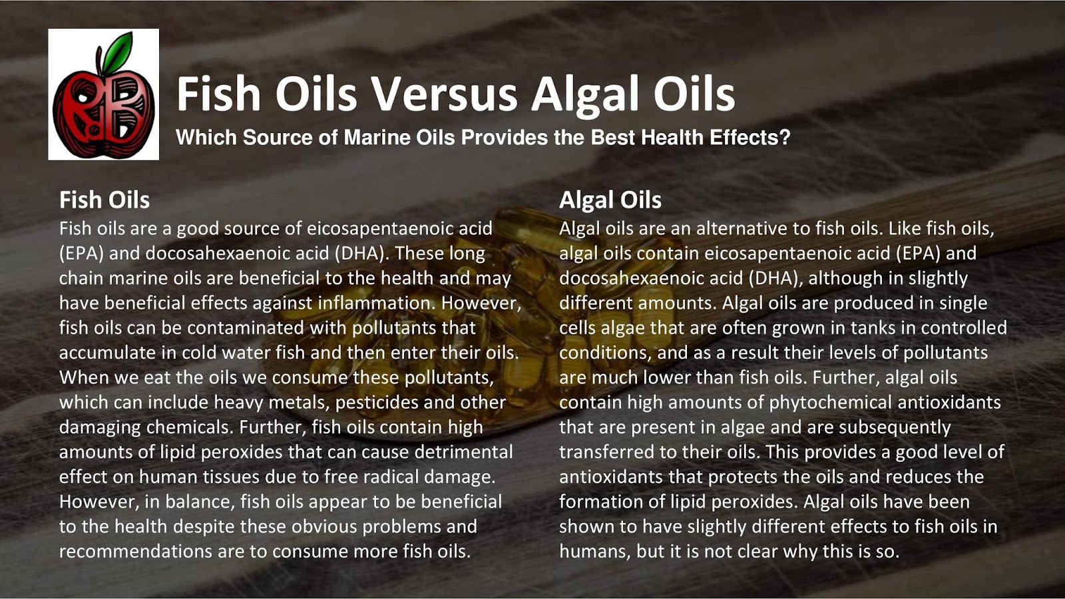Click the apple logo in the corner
[x=103, y=94]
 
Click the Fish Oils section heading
[x=105, y=200]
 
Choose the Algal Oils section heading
[x=610, y=200]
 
